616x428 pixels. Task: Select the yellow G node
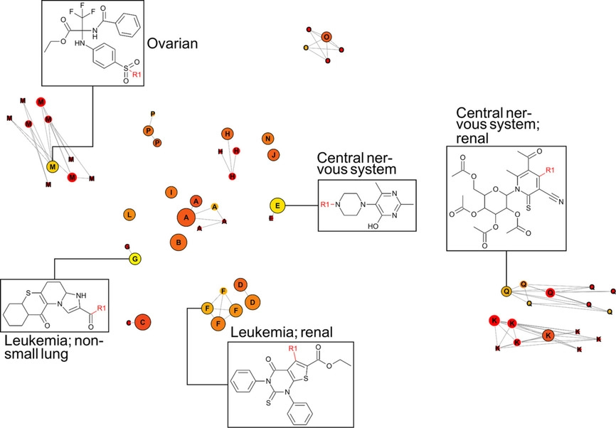pyautogui.click(x=134, y=259)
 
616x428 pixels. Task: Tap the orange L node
pyautogui.click(x=129, y=214)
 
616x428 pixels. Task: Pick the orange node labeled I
pyautogui.click(x=171, y=192)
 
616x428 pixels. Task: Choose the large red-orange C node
pyautogui.click(x=142, y=322)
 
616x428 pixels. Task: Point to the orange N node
pyautogui.click(x=267, y=138)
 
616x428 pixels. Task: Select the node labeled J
pyautogui.click(x=273, y=154)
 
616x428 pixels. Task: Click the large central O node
pyautogui.click(x=326, y=37)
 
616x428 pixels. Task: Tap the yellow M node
pyautogui.click(x=52, y=166)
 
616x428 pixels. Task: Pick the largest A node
pyautogui.click(x=186, y=217)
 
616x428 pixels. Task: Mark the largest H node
pyautogui.click(x=227, y=134)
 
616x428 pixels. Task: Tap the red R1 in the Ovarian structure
pyautogui.click(x=137, y=75)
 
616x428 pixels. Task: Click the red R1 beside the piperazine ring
pyautogui.click(x=326, y=205)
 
